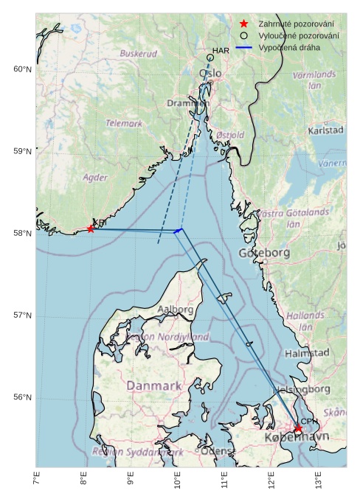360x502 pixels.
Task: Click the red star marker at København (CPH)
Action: [298, 429]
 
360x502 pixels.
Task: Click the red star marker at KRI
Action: [91, 229]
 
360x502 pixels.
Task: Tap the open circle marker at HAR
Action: [210, 57]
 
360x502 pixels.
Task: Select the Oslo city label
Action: [210, 74]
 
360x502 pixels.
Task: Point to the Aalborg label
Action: [176, 310]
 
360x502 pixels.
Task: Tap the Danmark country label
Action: [154, 386]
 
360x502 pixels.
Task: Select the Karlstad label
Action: [325, 130]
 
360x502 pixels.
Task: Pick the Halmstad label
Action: [307, 353]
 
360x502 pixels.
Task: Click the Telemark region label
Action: [124, 124]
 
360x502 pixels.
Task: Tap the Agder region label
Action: [95, 178]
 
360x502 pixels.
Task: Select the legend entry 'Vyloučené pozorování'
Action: [299, 35]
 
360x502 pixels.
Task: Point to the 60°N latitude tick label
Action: [23, 69]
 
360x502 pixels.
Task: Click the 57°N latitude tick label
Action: [23, 316]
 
